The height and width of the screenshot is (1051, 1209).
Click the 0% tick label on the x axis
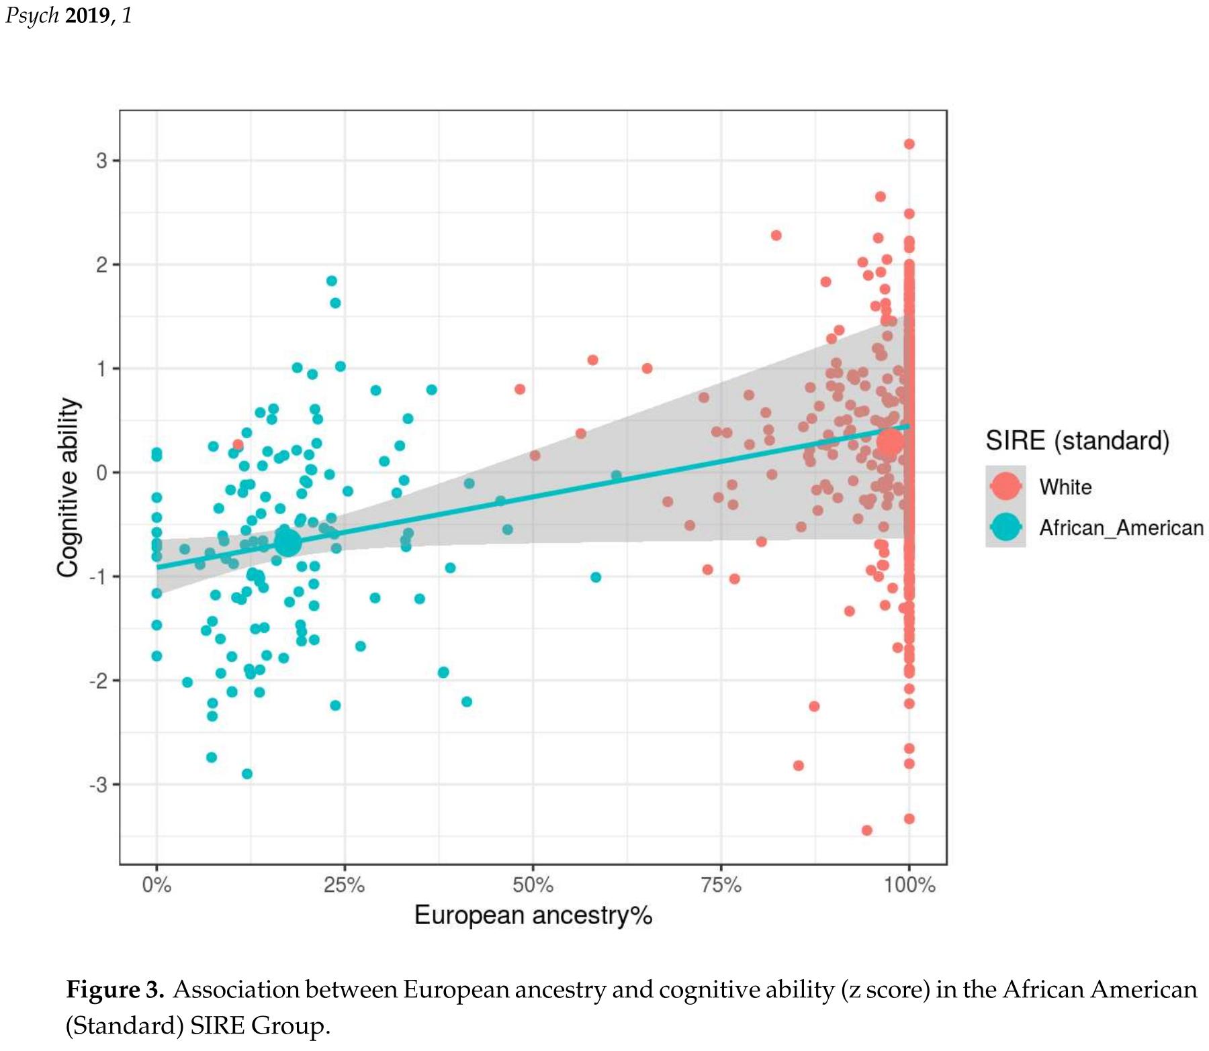156,885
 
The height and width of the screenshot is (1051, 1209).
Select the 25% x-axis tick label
344,885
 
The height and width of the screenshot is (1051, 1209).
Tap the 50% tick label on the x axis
533,885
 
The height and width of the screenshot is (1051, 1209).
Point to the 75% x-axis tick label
721,885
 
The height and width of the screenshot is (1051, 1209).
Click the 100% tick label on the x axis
909,885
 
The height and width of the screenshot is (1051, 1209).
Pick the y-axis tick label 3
101,161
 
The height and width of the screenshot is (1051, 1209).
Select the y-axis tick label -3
98,785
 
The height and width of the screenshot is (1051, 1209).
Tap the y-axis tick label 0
101,472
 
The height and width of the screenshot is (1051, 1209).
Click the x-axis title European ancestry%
533,915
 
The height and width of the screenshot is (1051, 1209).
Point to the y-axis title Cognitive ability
69,487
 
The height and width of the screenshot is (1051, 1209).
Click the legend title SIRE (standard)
1077,440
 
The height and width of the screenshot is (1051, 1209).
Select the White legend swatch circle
1005,486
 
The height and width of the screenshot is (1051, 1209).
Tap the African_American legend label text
1121,528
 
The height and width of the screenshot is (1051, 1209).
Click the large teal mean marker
287,543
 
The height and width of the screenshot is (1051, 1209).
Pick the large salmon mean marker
891,442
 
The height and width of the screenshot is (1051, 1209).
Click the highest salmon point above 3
909,144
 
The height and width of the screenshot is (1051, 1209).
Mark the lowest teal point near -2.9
247,774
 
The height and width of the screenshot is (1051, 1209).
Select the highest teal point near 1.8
331,281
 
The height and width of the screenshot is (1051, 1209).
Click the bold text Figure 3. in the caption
115,990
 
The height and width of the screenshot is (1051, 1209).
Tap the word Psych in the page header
32,15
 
